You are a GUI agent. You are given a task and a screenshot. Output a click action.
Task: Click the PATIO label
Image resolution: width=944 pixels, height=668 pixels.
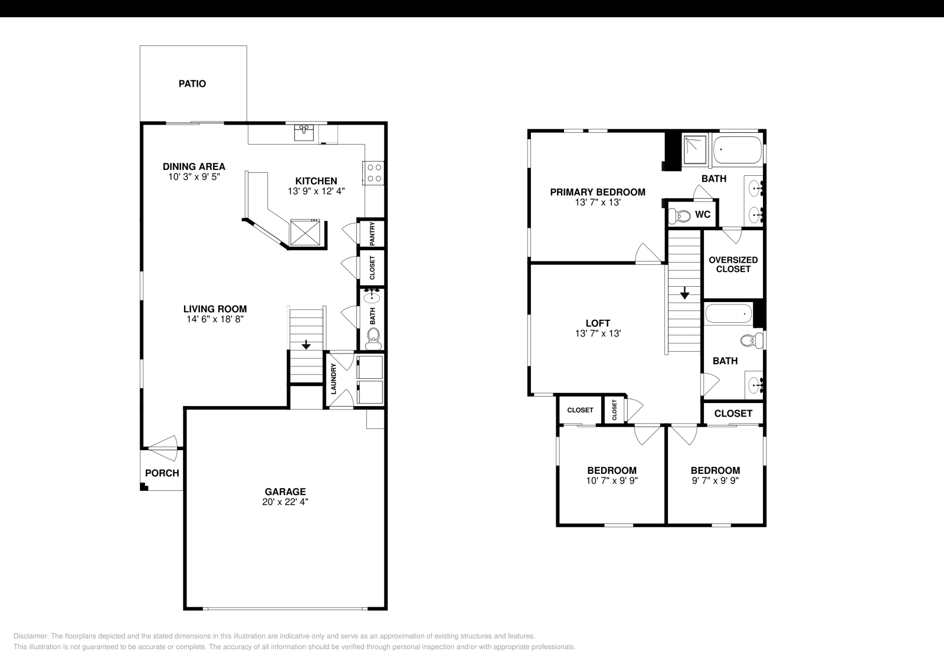click(192, 84)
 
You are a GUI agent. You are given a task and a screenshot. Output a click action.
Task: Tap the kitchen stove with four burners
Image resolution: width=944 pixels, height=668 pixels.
click(374, 172)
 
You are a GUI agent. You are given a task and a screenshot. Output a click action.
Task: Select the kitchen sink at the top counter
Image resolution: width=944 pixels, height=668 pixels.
click(305, 132)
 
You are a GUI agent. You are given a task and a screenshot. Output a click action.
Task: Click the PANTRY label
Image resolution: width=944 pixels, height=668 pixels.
click(372, 234)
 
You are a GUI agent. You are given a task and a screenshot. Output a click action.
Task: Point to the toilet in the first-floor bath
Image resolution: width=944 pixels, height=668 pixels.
click(373, 337)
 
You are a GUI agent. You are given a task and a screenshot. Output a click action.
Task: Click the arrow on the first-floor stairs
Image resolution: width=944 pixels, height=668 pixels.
click(306, 344)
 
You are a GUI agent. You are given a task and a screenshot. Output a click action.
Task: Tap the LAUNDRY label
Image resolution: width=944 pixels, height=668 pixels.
click(333, 379)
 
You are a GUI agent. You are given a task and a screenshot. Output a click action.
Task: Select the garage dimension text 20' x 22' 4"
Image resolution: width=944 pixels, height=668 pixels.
click(285, 502)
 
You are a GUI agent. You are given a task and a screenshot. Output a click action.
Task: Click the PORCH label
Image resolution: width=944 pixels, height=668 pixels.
click(162, 473)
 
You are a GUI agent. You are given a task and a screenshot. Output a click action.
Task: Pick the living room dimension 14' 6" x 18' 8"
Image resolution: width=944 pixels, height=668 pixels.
click(215, 319)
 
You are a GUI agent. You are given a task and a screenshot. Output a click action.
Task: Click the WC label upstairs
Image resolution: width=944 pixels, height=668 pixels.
click(702, 215)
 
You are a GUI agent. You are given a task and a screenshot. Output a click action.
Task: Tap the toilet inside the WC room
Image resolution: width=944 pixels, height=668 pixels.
click(681, 216)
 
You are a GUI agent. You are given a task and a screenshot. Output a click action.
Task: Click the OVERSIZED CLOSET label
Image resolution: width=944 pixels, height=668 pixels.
click(733, 264)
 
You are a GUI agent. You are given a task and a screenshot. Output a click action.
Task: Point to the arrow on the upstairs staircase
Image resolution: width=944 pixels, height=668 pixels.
click(684, 293)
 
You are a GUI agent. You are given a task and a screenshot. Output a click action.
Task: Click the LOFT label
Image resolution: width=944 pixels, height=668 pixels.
click(598, 323)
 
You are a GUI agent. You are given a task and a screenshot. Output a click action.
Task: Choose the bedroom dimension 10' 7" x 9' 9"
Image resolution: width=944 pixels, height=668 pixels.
click(612, 480)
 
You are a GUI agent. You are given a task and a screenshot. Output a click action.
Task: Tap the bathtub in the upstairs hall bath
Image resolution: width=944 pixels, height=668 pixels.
click(729, 313)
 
